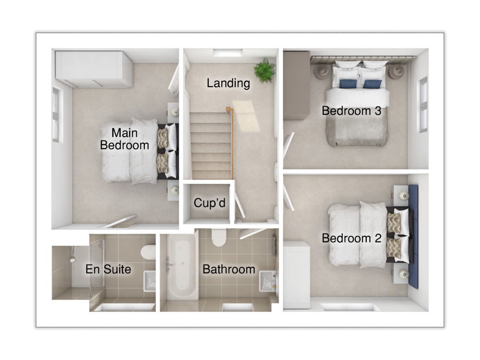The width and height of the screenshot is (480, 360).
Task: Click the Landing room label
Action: pos(228,83)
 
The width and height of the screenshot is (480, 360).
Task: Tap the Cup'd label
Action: pos(210,203)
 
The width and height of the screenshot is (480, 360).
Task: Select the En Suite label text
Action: pos(108,269)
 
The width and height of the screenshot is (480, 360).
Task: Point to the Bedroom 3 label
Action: pos(351,110)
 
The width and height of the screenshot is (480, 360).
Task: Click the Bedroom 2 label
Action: pos(351,238)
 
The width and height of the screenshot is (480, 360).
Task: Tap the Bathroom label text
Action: pos(229,269)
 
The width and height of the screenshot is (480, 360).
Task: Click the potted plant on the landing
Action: pos(264,71)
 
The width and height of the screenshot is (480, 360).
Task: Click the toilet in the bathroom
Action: pos(218,237)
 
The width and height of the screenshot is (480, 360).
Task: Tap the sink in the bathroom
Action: pos(268,281)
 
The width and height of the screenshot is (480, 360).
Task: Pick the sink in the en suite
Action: pos(150,281)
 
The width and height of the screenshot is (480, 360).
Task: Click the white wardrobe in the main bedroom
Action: pos(94,69)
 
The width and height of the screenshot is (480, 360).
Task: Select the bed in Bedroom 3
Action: pos(357,103)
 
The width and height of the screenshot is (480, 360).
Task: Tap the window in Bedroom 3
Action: pos(423,105)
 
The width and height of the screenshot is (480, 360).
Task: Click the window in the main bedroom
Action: pos(56,115)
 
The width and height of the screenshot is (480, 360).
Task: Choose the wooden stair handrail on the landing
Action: pos(231,143)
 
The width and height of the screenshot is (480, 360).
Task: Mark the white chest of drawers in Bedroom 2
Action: pos(297,275)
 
